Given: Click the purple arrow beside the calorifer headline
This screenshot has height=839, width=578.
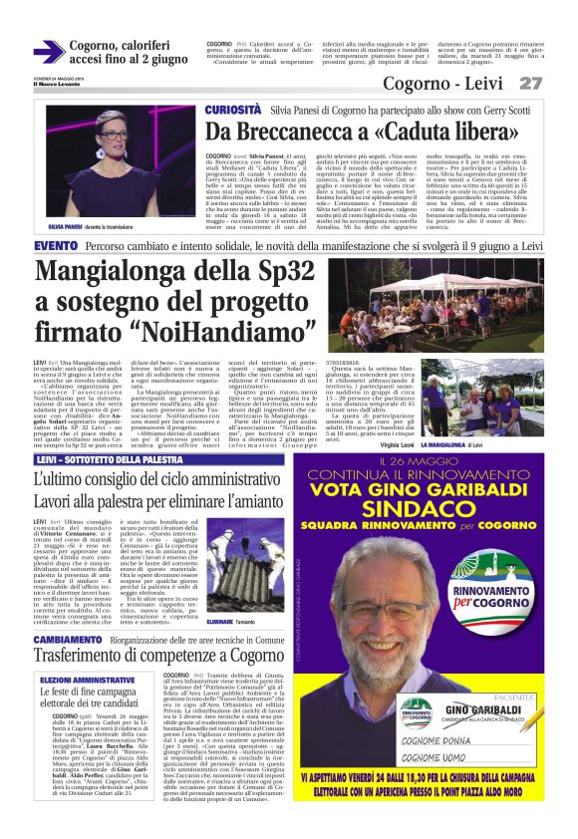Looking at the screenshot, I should (x=48, y=52).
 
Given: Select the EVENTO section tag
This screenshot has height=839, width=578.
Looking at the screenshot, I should (x=56, y=245).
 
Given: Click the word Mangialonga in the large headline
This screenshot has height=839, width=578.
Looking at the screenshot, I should (x=114, y=273).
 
